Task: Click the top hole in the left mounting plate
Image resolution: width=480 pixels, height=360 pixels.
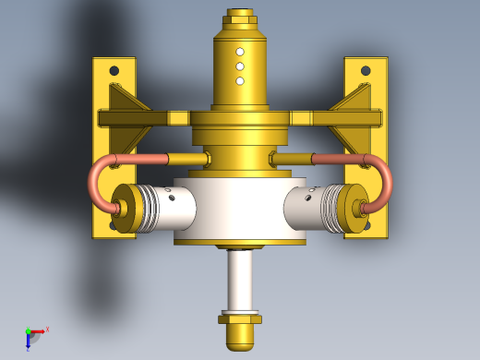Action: [x=114, y=70]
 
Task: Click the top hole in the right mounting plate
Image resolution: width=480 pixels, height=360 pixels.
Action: [x=366, y=70]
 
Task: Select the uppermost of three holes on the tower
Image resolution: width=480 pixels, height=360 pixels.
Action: [x=240, y=52]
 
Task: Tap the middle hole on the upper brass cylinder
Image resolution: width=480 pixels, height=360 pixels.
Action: [x=240, y=66]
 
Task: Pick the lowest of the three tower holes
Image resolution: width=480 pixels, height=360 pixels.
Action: [x=240, y=81]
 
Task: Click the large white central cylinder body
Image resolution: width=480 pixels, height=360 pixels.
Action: [x=240, y=208]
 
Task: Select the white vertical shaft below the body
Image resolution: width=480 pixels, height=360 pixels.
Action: [x=240, y=282]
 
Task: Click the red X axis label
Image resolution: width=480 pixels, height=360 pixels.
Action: [x=47, y=329]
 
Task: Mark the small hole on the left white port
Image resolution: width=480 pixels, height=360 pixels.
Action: [x=171, y=196]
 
